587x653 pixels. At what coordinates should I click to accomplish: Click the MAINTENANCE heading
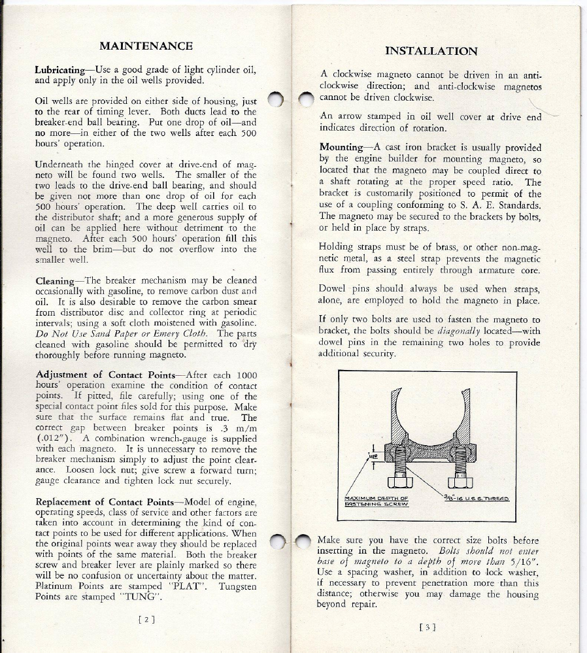tap(145, 46)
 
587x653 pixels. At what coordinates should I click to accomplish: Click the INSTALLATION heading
tap(431, 51)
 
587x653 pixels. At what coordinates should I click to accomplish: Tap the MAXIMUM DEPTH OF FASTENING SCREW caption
tap(375, 502)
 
